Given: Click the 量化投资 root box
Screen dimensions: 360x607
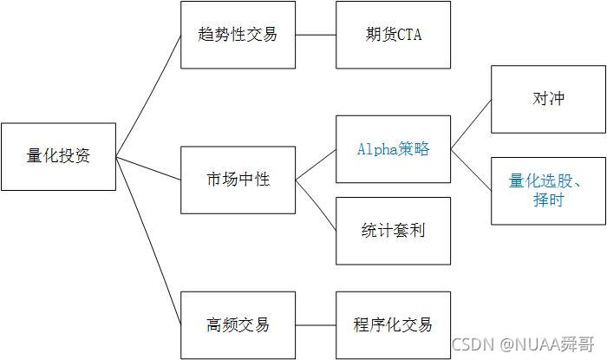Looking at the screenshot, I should tap(59, 157).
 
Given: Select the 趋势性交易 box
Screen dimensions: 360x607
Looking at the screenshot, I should tap(238, 35).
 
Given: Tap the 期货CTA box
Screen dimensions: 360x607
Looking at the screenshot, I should tap(393, 35).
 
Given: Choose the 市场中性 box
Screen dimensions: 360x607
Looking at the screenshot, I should tap(238, 180).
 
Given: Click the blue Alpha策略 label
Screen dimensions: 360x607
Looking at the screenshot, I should tap(393, 148).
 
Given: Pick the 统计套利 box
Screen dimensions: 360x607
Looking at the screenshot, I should tap(393, 231).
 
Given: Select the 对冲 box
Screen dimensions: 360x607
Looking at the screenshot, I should tap(548, 98).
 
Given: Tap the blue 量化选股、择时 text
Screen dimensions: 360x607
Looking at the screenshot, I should tap(548, 191).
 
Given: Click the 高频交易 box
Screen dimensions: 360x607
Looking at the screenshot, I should tap(238, 324).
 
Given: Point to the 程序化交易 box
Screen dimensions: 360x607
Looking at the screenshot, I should tap(393, 324).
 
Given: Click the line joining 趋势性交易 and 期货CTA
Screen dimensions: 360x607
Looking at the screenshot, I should tap(315, 35).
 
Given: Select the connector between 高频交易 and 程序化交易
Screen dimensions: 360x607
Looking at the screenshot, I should tap(315, 324).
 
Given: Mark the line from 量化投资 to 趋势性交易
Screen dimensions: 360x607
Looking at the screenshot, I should tap(148, 95).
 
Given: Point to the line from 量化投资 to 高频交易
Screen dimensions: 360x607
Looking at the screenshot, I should tap(148, 241).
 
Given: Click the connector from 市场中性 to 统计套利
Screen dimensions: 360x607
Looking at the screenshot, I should tap(316, 206).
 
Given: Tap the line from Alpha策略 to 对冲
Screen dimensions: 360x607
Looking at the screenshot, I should tap(471, 123).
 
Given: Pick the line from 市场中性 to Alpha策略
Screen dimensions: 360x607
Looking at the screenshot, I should tap(316, 164).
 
